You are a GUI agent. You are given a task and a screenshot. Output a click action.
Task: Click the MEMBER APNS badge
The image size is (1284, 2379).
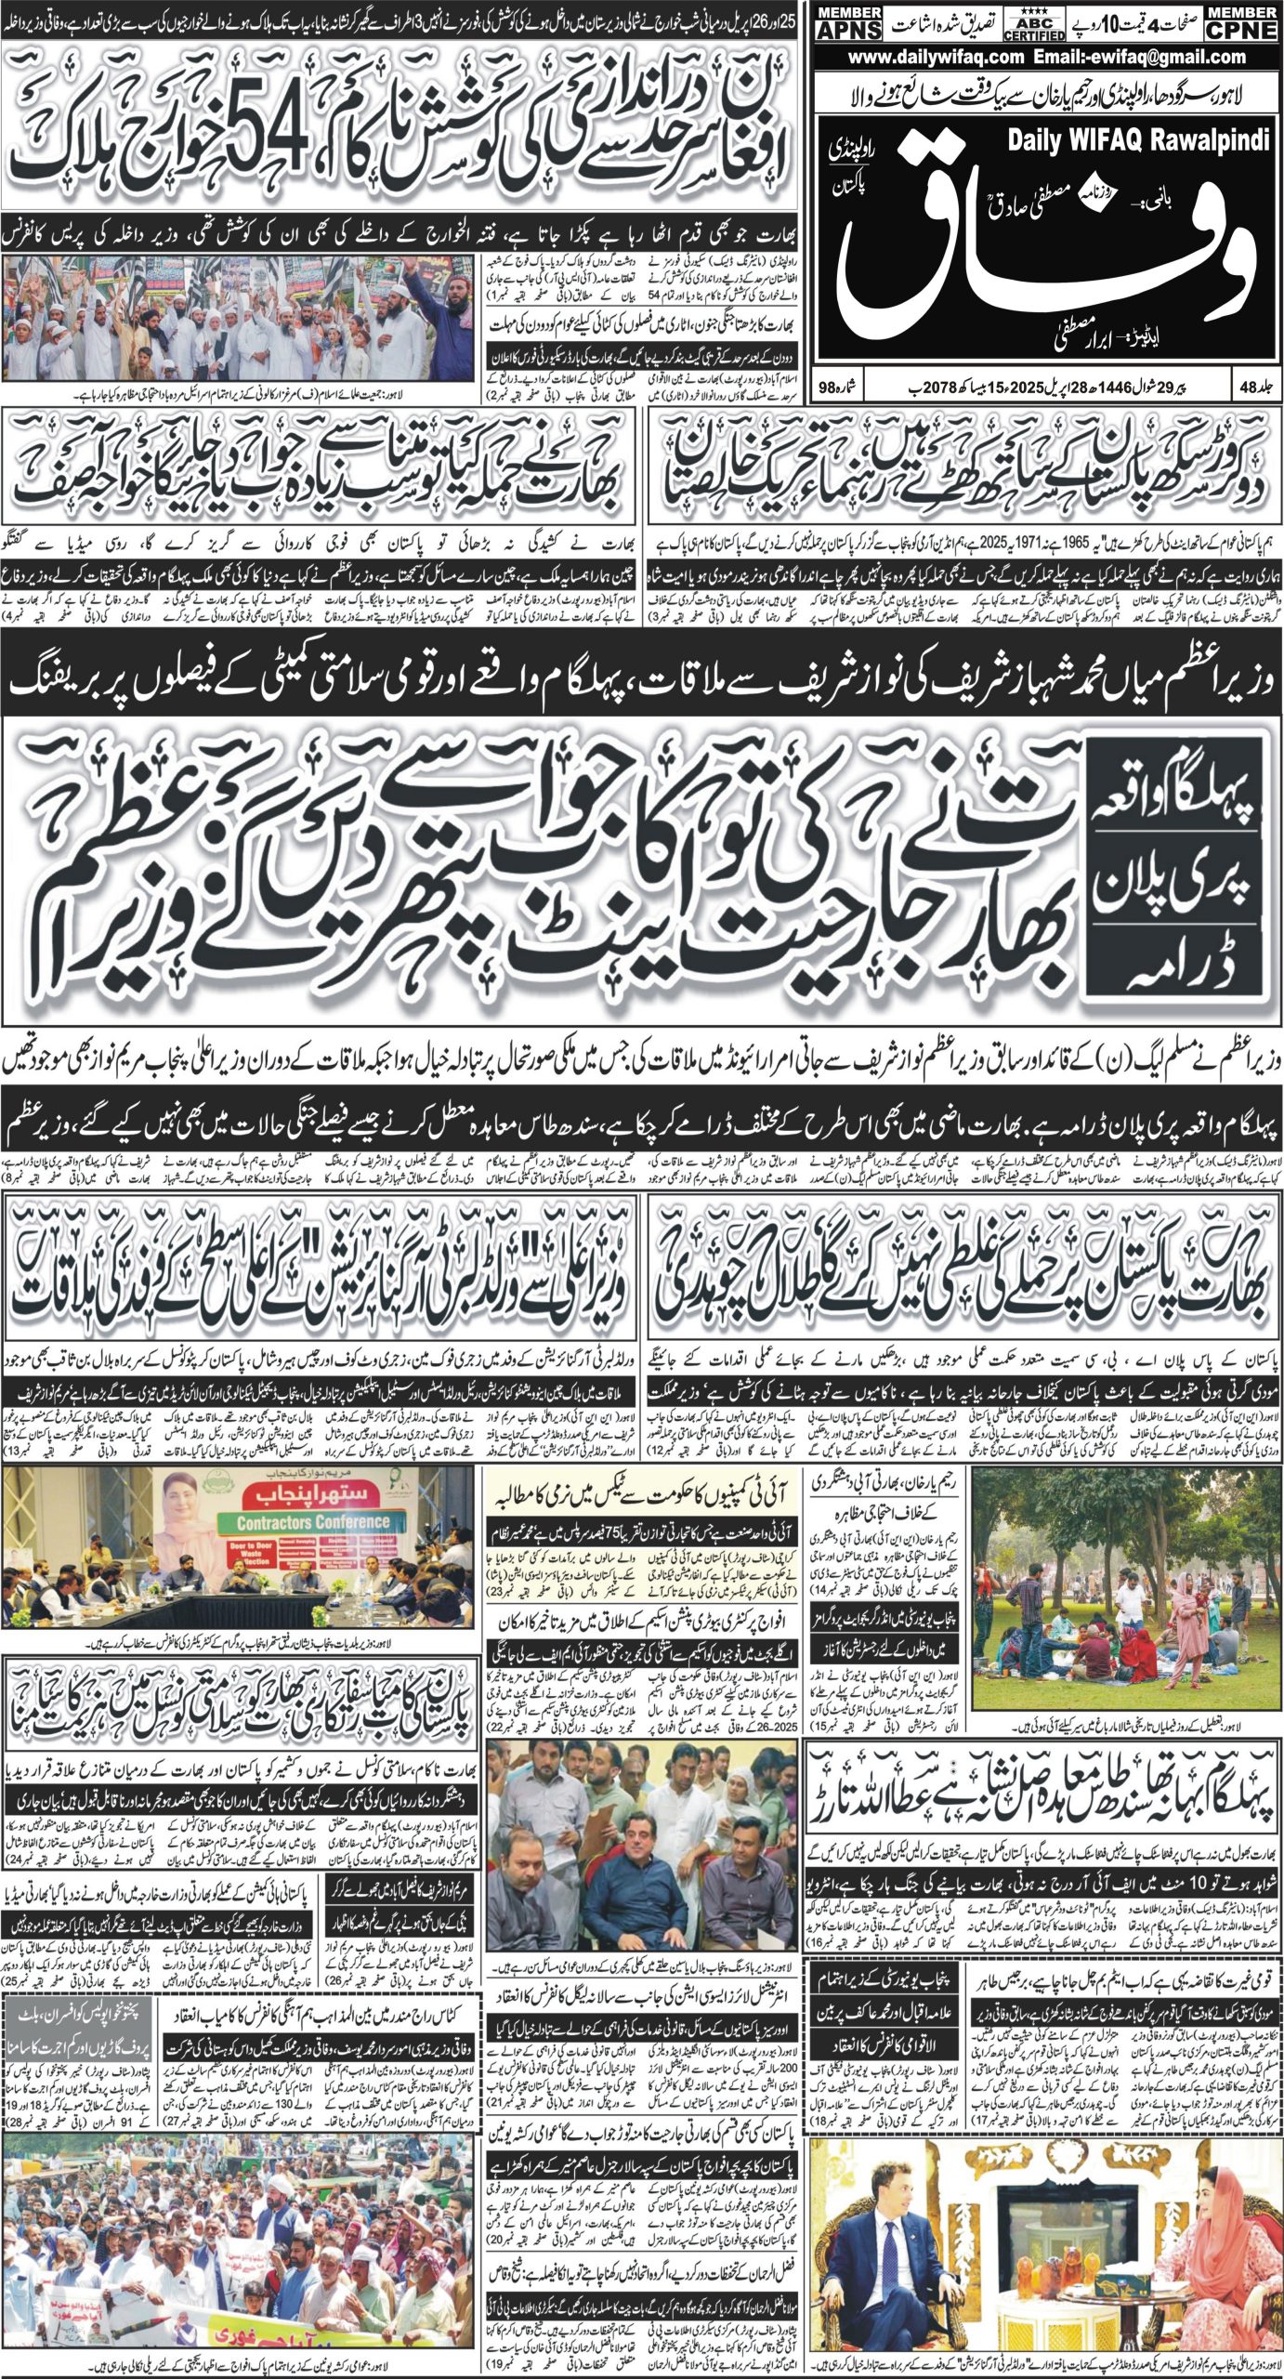pyautogui.click(x=848, y=23)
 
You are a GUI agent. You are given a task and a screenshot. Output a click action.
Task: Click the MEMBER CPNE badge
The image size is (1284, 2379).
pyautogui.click(x=1241, y=23)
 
